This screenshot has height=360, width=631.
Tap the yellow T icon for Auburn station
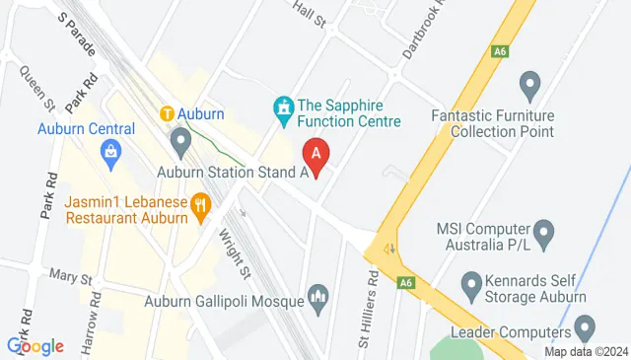pos(169,113)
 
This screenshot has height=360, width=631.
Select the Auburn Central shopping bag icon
pos(110,150)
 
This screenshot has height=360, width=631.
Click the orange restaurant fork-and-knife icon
pos(202,204)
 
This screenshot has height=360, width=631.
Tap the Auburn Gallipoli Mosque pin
pos(317,294)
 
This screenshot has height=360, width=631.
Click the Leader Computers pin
pos(585,325)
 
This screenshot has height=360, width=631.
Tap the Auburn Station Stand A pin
pos(179,145)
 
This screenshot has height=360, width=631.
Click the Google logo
pos(35,345)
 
